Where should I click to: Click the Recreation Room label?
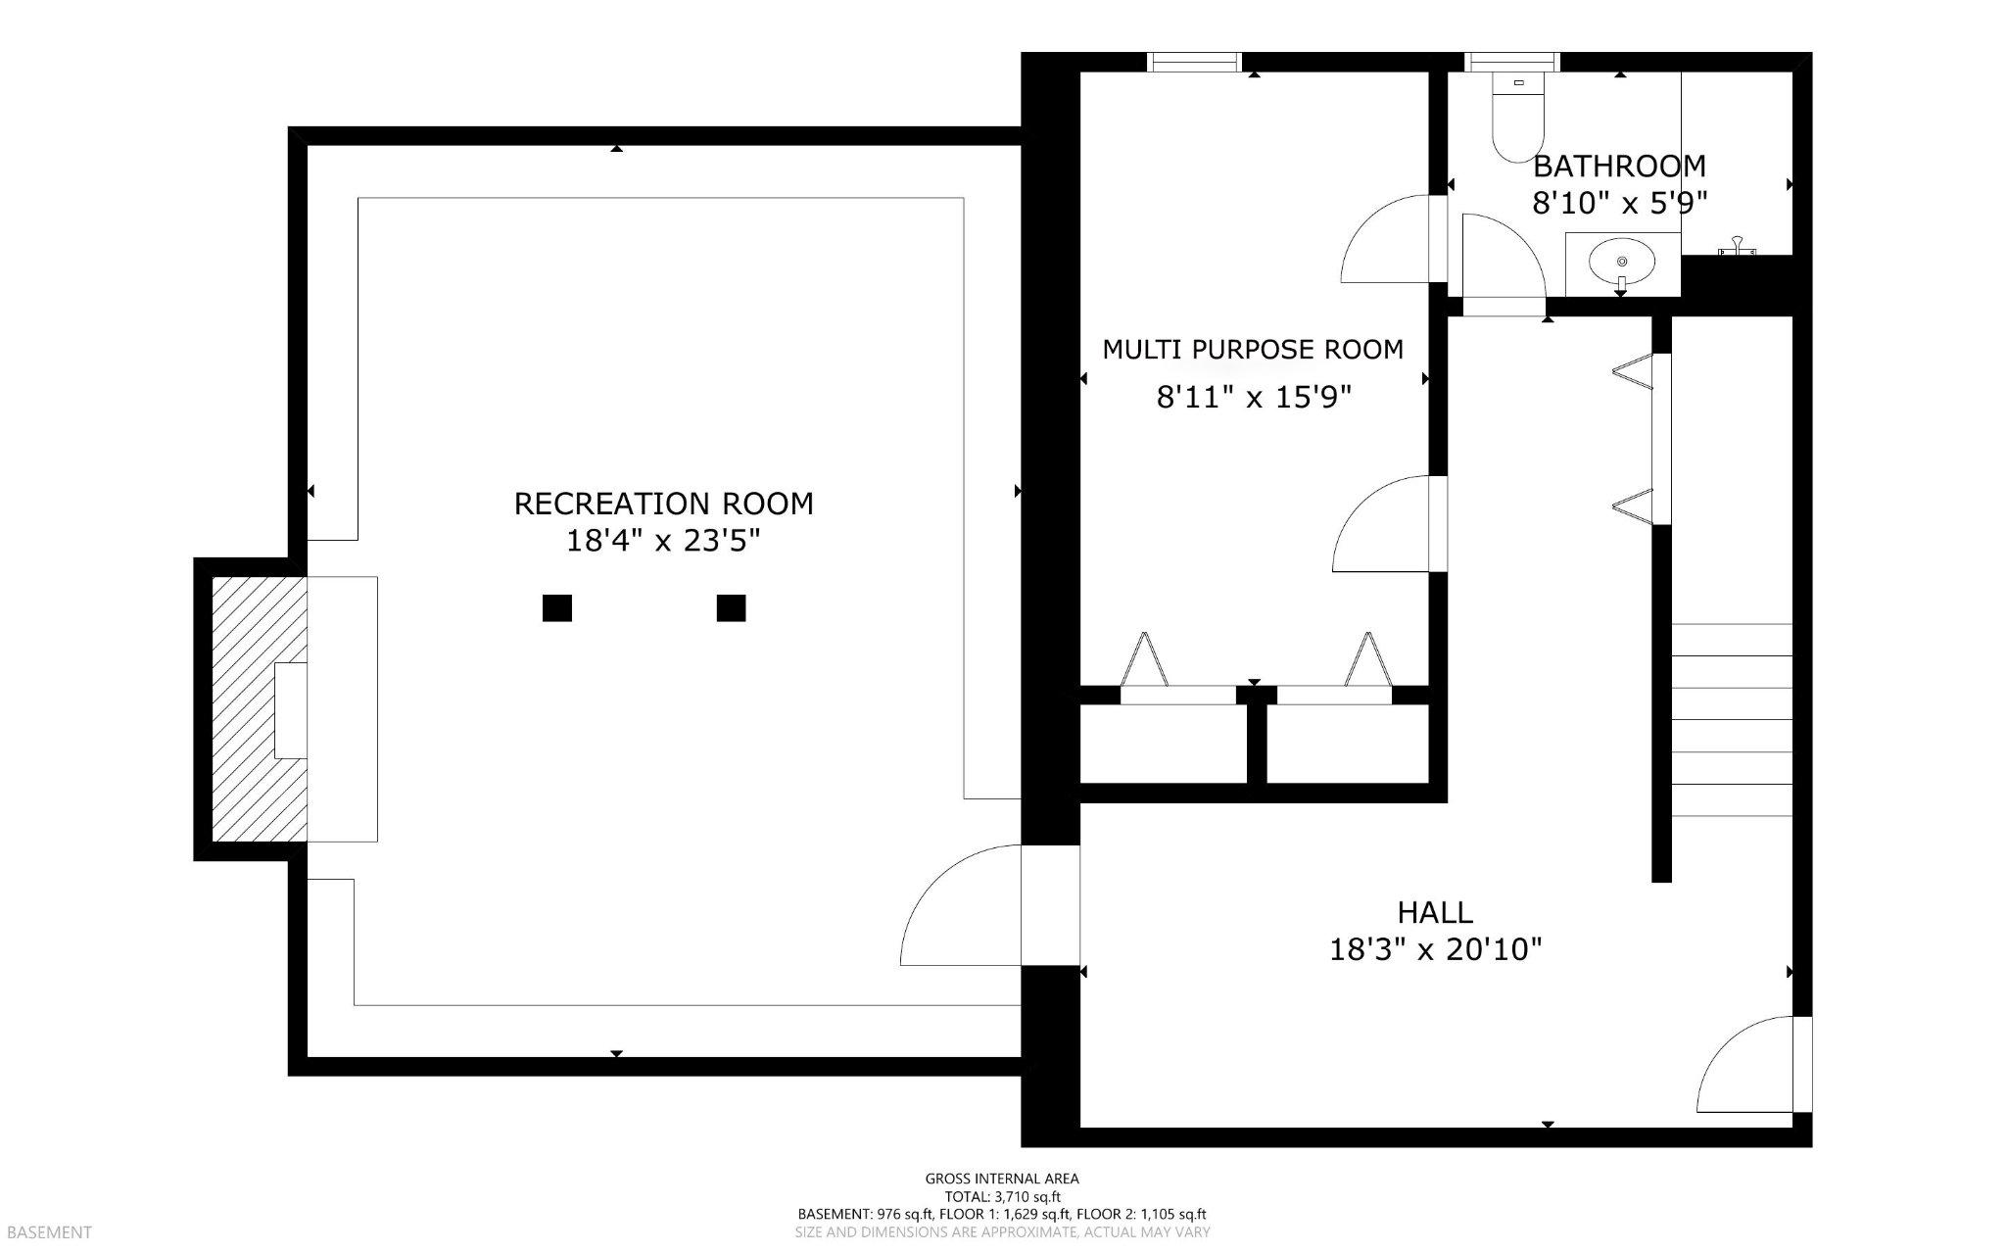[663, 504]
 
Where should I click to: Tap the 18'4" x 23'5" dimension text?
[663, 541]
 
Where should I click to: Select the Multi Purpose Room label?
[1253, 350]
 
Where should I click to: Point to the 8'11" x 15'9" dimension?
[1253, 397]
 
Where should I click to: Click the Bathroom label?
[1619, 166]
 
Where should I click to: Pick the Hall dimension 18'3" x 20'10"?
[1435, 949]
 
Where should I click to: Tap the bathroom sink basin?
[1622, 262]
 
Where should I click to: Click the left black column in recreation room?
[557, 608]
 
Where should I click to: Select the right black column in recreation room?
[731, 608]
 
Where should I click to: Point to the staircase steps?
[1732, 720]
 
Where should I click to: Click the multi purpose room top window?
[1193, 62]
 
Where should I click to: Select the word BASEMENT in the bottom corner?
[47, 1232]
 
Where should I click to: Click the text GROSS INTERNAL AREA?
[1001, 1179]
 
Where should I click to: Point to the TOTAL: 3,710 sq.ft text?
[1001, 1196]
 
